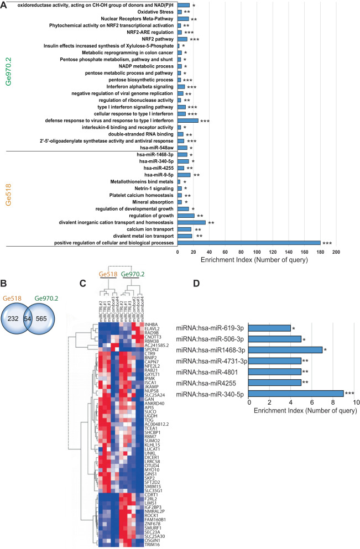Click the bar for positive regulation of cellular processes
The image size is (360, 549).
[x=249, y=243]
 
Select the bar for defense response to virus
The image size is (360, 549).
[x=188, y=120]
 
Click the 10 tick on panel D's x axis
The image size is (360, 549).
[x=353, y=420]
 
